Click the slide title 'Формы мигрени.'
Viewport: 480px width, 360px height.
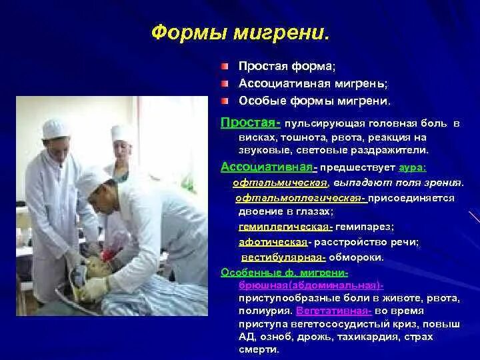[241, 32]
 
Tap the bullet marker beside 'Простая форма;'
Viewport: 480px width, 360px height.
[225, 67]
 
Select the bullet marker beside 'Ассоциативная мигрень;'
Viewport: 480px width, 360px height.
[225, 85]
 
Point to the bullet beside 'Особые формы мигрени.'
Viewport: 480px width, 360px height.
[225, 101]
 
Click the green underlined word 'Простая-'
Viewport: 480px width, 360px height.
[251, 124]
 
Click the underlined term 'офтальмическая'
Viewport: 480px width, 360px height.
[280, 183]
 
